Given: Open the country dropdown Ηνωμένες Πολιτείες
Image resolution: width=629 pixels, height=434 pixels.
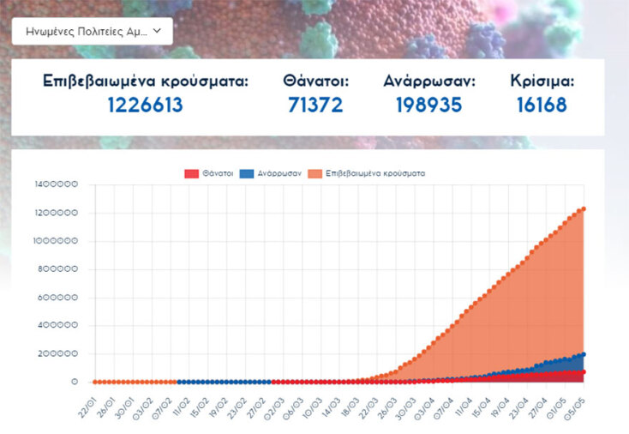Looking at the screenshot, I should (92, 32).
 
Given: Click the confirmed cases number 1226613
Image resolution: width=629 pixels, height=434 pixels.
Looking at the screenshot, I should (146, 105).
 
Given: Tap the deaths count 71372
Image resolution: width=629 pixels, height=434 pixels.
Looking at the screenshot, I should (315, 105).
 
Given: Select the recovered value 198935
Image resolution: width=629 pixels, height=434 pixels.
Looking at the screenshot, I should (429, 105).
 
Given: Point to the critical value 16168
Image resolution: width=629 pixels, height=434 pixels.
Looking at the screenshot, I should (542, 105).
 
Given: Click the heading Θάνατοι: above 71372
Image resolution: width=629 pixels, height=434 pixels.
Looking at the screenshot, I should (315, 81).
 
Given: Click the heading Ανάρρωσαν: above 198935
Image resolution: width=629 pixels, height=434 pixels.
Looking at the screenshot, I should (429, 81).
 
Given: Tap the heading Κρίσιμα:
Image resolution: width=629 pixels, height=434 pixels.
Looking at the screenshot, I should (542, 81).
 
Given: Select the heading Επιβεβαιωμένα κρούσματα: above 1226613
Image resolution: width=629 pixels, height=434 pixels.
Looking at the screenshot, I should (146, 81).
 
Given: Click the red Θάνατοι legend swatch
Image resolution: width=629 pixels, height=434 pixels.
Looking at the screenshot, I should (191, 173).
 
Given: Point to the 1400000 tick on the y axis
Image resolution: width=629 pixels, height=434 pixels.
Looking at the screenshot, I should (57, 184).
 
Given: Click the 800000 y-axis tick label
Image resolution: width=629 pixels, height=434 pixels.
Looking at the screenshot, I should (60, 269).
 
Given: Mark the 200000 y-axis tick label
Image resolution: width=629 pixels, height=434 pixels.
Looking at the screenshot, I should (60, 353).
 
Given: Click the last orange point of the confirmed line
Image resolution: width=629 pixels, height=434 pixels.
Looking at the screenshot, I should (584, 208).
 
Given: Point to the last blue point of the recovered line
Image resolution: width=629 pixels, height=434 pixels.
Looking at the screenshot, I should (584, 354).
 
